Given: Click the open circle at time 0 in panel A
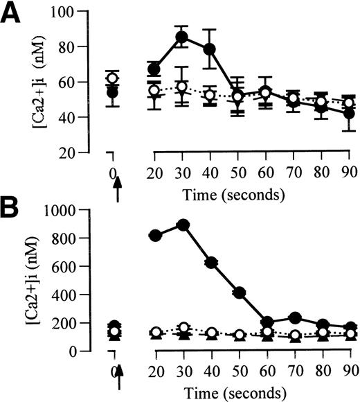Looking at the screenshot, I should click(x=113, y=78).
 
